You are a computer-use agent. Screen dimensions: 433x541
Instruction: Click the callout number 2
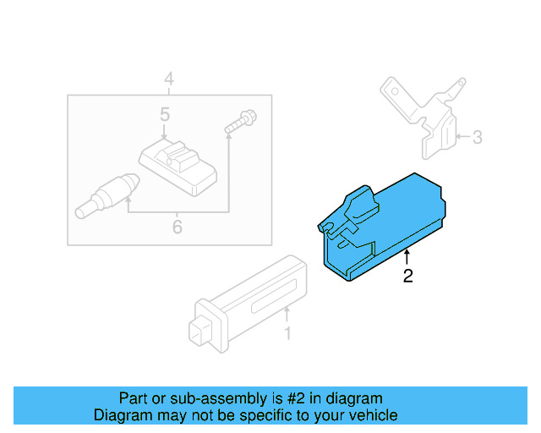(408, 276)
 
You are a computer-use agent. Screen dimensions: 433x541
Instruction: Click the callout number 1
(287, 334)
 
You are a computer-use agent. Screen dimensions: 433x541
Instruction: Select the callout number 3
(477, 137)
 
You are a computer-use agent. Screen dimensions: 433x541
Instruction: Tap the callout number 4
(169, 80)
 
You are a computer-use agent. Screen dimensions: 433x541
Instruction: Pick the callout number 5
(165, 113)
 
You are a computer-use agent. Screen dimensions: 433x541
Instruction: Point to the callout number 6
(177, 227)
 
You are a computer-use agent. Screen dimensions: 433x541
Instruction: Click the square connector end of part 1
(204, 332)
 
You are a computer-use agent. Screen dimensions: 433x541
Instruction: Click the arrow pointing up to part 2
(407, 257)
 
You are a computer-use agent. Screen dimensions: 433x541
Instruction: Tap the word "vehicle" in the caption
(373, 415)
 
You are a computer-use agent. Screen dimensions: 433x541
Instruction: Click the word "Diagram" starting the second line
(121, 415)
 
